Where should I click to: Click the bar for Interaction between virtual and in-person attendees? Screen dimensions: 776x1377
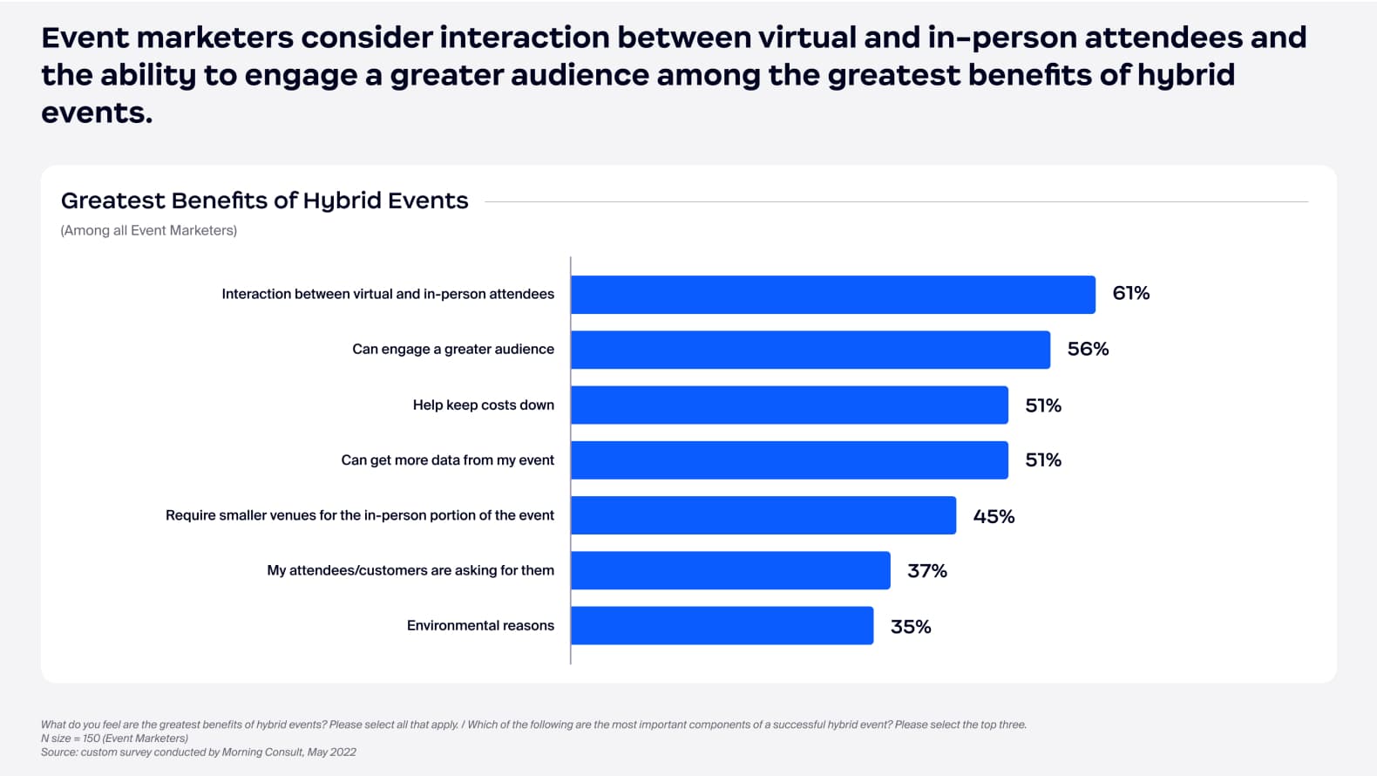(832, 295)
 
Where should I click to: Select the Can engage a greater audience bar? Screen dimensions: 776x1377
(811, 350)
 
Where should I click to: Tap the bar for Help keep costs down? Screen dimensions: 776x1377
(789, 405)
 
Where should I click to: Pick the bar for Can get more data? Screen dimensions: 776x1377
(789, 460)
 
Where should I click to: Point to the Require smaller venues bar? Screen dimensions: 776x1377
(763, 515)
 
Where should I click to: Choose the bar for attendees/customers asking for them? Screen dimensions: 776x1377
(730, 570)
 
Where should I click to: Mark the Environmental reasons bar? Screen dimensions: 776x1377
(722, 626)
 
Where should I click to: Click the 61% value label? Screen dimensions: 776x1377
(1130, 293)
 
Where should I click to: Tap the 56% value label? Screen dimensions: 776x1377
(1088, 349)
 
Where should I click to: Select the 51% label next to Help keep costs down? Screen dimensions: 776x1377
(1042, 405)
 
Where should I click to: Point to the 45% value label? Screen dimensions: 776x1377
(994, 516)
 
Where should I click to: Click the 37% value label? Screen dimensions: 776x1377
(926, 571)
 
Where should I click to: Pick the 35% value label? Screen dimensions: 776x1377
(910, 627)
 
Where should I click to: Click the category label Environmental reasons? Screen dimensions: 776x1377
(480, 625)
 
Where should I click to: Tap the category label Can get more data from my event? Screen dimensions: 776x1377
(447, 459)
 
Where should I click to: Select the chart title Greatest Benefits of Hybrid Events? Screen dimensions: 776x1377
(264, 201)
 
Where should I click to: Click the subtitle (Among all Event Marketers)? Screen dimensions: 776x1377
(148, 230)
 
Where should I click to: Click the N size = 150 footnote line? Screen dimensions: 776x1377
(114, 738)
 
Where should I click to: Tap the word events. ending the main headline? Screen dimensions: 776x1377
(97, 112)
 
